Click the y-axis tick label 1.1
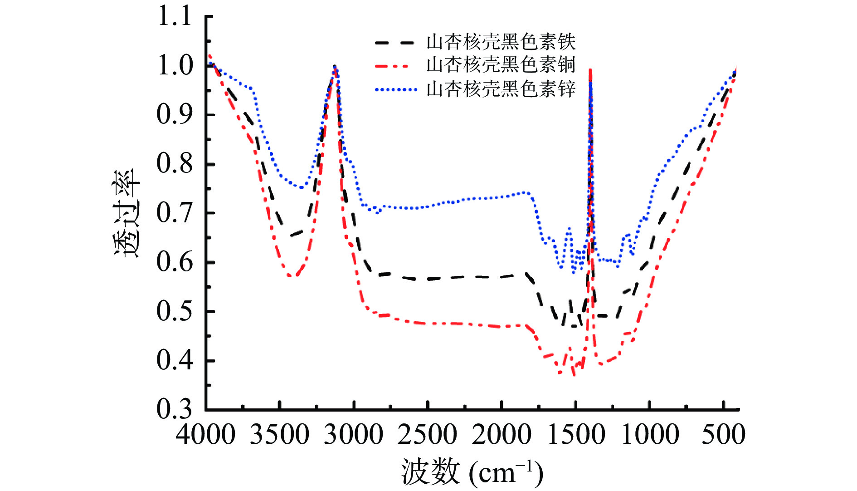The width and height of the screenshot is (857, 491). (x=174, y=17)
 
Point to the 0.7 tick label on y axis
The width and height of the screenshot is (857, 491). (x=174, y=213)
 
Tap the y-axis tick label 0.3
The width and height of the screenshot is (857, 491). (x=174, y=409)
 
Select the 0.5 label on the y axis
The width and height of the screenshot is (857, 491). (x=174, y=311)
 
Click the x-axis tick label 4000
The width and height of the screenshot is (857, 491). (x=205, y=434)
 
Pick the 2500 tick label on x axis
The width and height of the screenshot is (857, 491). (x=427, y=434)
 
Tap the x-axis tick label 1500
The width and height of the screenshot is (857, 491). (x=575, y=434)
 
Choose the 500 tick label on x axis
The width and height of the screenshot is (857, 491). (x=723, y=434)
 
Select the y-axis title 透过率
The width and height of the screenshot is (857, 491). (x=127, y=213)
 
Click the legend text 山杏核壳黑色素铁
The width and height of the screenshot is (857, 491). (x=501, y=42)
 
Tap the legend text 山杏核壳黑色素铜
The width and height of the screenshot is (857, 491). (x=501, y=65)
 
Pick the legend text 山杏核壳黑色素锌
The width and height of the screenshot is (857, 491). (x=501, y=89)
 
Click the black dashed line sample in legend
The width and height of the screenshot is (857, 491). (x=394, y=43)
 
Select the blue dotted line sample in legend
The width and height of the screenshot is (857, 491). (x=395, y=90)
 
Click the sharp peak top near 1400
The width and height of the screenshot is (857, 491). (x=590, y=69)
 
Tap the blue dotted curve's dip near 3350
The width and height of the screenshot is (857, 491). (x=301, y=187)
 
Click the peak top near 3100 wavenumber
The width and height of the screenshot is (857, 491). (x=335, y=67)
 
